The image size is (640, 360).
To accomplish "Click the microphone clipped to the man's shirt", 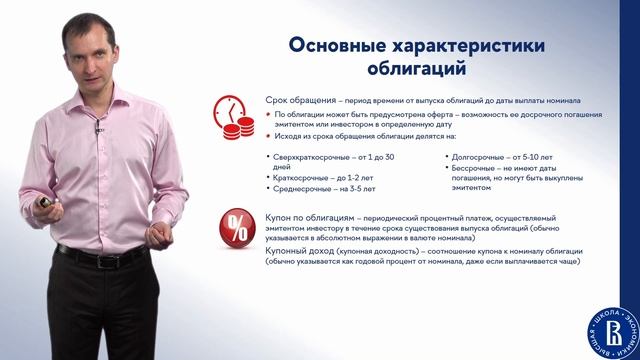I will pyautogui.click(x=100, y=127).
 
